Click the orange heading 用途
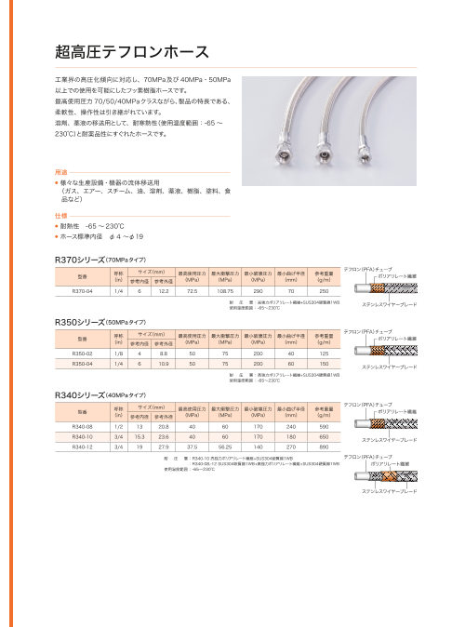pos(62,172)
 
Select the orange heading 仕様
pos(62,215)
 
